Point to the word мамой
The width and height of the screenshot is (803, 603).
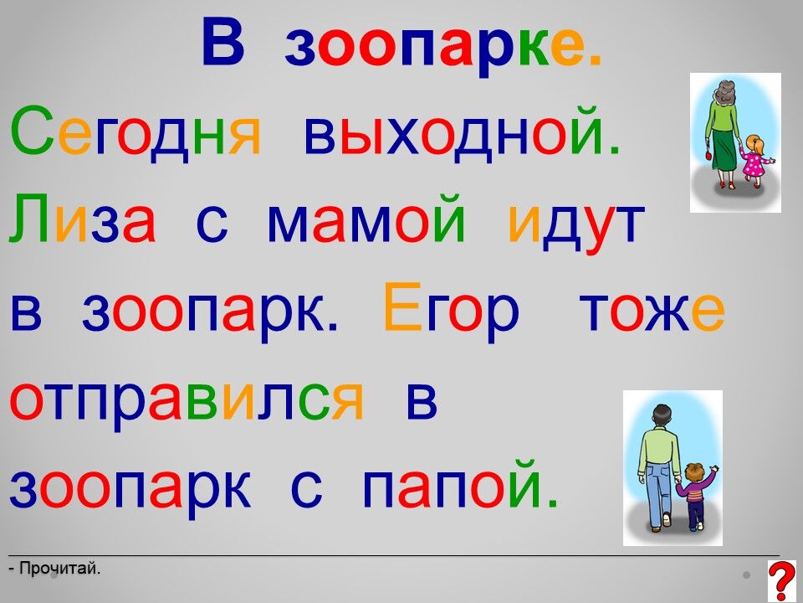(366, 220)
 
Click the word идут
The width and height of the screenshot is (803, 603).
(576, 225)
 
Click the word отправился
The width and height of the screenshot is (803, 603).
(187, 403)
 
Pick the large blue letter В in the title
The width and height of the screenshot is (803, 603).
(223, 42)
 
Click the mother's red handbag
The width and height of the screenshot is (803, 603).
(708, 154)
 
